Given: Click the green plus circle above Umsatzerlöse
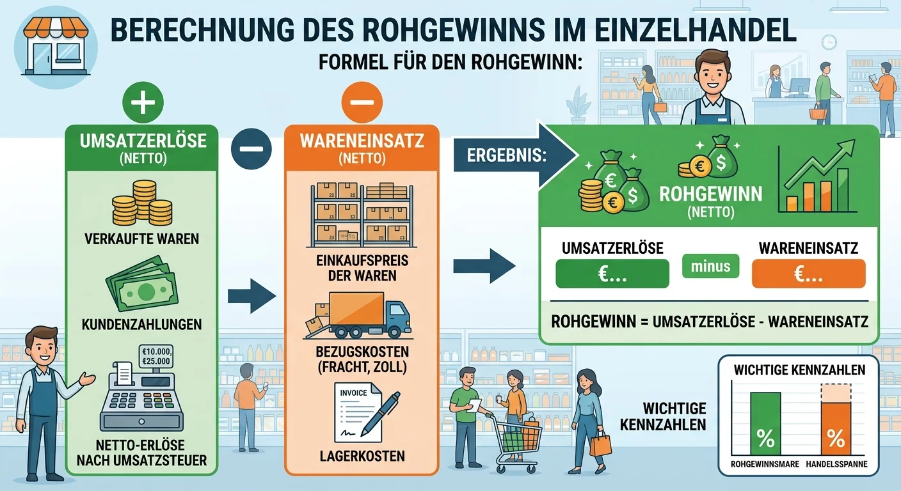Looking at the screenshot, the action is pos(143,102).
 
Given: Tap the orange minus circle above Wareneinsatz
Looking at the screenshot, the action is pos(362,102).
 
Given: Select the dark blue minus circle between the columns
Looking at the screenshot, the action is pos(251,149).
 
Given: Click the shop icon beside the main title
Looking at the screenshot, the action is pos(56,47).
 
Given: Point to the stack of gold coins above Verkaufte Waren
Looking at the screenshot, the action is pos(142,203).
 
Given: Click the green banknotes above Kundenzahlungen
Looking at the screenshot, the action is pos(142,284).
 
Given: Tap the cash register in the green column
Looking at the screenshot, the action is pos(141,387).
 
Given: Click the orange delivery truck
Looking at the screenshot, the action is pos(358,315).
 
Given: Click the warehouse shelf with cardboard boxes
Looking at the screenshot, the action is pos(362,215).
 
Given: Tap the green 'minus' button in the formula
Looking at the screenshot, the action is pos(710,266).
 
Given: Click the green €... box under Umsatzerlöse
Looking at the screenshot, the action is pos(612,274).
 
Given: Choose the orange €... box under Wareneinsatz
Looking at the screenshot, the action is pos(808,274).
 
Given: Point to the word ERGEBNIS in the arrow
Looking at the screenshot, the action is pos(506,155).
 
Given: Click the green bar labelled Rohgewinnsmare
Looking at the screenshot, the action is pos(765,423).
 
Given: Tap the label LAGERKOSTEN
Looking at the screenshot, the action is pos(362,456).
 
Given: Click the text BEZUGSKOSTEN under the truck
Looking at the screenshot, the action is pos(362,352).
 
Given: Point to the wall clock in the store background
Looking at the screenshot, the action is pos(829,42).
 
